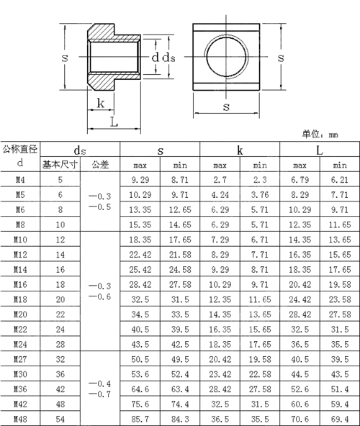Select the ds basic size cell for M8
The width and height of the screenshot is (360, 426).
(x=60, y=225)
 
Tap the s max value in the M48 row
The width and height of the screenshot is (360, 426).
(x=140, y=417)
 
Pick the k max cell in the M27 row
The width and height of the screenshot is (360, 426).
(x=220, y=358)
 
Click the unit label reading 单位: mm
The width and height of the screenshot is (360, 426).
(x=320, y=134)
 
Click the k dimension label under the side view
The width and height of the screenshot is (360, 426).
(x=101, y=103)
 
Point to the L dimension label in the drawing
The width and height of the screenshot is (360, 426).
(x=114, y=122)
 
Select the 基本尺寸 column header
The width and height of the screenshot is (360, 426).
(x=60, y=164)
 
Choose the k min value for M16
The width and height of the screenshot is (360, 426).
(x=260, y=284)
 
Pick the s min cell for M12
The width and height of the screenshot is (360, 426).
(x=180, y=255)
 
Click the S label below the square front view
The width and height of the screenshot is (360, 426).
(x=225, y=106)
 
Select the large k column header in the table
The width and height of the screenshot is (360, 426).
(x=240, y=150)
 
